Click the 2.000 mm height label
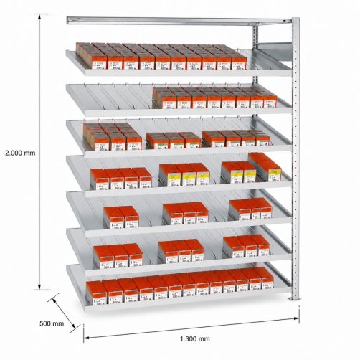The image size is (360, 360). click(x=20, y=153)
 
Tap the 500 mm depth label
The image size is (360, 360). click(x=52, y=323)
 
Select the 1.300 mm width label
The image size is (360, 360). click(x=195, y=338)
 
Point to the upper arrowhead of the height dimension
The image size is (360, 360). click(x=39, y=16)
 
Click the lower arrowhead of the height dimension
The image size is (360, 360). click(x=39, y=287)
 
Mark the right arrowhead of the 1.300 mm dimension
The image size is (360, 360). click(x=296, y=318)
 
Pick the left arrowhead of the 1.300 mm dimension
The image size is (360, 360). click(x=87, y=338)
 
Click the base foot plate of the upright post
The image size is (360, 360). click(x=295, y=298)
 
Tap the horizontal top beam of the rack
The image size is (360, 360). click(x=179, y=21)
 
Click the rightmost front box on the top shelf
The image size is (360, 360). click(x=239, y=62)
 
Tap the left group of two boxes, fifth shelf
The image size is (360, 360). click(x=121, y=217)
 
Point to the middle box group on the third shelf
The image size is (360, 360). click(x=174, y=141)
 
